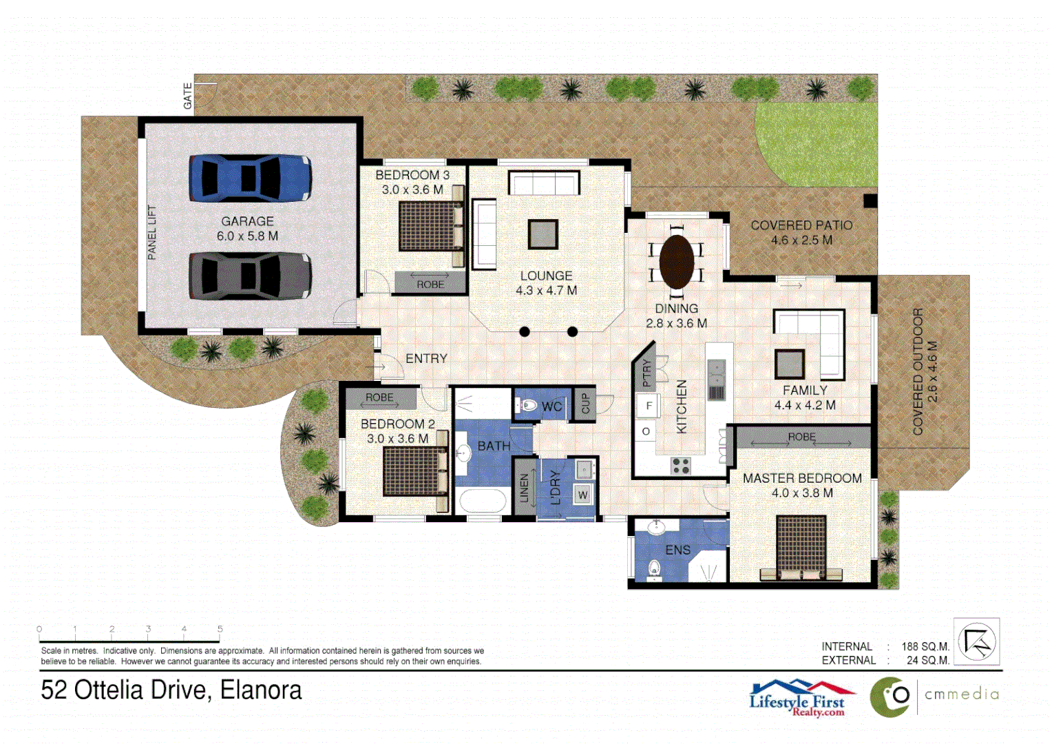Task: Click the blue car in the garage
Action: click(x=250, y=178)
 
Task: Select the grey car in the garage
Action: click(x=250, y=276)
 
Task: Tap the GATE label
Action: click(x=187, y=96)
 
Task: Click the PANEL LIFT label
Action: click(x=152, y=233)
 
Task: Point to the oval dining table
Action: click(x=676, y=262)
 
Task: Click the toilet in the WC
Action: click(x=528, y=406)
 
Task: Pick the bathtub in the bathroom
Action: click(x=483, y=500)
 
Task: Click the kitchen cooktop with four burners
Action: click(x=680, y=466)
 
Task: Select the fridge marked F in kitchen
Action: click(x=648, y=406)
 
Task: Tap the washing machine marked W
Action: click(x=583, y=495)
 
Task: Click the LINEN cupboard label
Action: click(x=524, y=488)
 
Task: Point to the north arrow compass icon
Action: click(x=976, y=641)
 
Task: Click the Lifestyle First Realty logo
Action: click(x=801, y=699)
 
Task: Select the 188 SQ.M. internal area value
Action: click(x=925, y=647)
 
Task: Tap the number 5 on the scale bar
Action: click(x=220, y=629)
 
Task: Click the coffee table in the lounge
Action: click(x=543, y=234)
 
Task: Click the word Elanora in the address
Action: click(x=261, y=690)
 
